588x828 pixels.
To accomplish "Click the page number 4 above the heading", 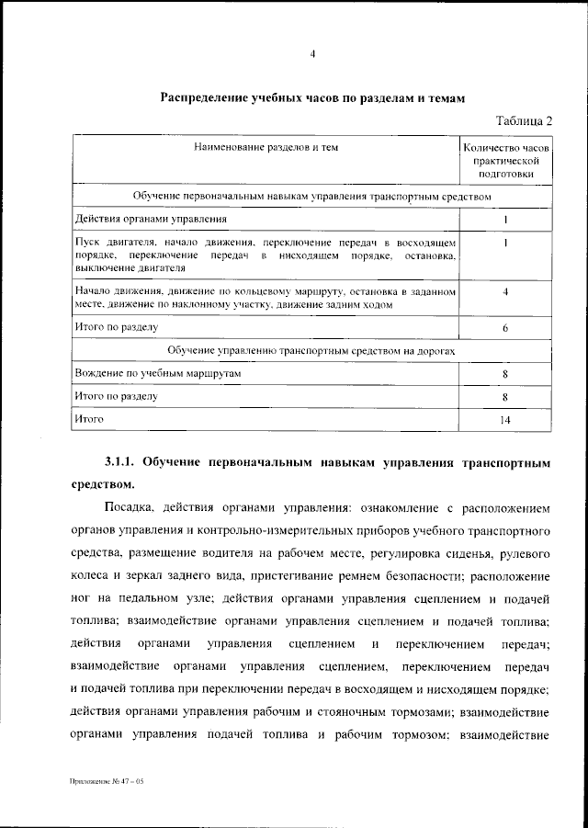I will pos(312,54).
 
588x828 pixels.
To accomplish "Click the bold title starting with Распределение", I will pos(313,97).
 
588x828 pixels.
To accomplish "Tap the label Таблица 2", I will pos(525,120).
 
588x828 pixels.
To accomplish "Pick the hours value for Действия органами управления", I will pos(505,221).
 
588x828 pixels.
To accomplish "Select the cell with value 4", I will pos(505,292).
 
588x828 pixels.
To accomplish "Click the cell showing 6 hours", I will pos(505,327).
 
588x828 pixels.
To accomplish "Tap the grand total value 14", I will pos(505,420).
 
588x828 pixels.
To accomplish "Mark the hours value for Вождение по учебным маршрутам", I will pos(505,375).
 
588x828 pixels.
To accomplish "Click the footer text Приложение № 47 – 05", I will pos(107,780).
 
